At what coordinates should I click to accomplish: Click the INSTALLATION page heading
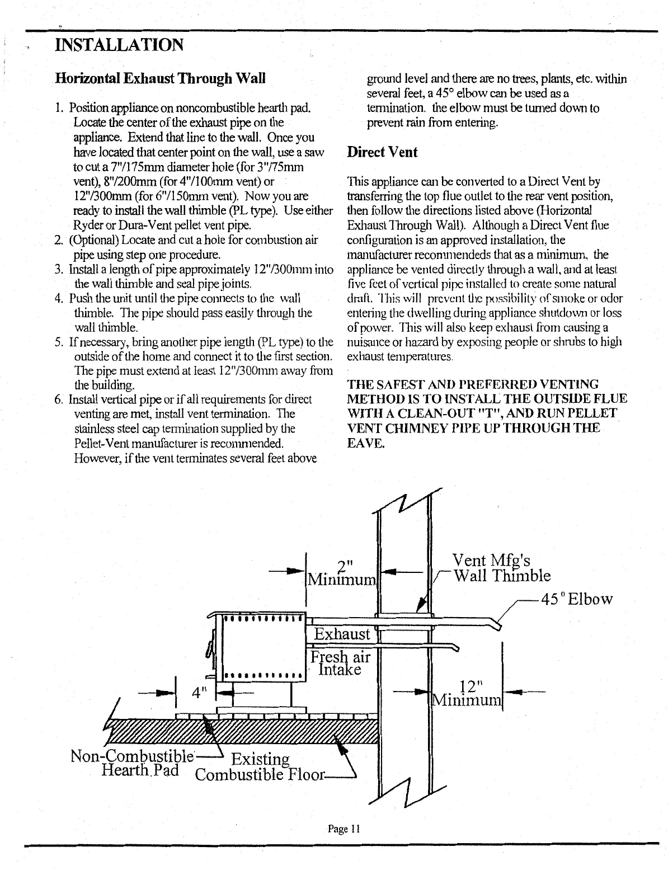120,44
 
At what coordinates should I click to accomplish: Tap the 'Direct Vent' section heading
382,152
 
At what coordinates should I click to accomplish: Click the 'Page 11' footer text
342,829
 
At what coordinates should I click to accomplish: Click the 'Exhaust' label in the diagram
342,634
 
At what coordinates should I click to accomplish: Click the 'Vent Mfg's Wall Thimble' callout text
501,568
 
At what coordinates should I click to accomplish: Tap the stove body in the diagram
262,649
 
